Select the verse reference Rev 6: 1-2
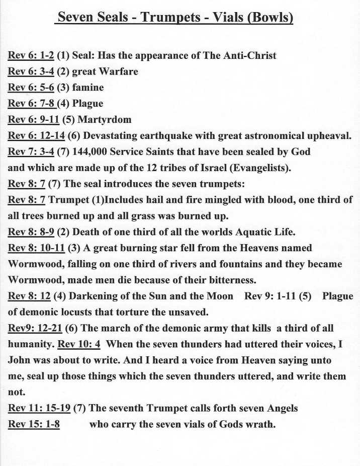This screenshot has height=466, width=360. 31,55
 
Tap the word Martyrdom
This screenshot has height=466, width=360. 106,120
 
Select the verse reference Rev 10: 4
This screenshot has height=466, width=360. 79,344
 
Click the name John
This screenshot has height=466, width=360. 19,360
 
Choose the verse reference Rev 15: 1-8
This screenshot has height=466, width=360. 34,424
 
